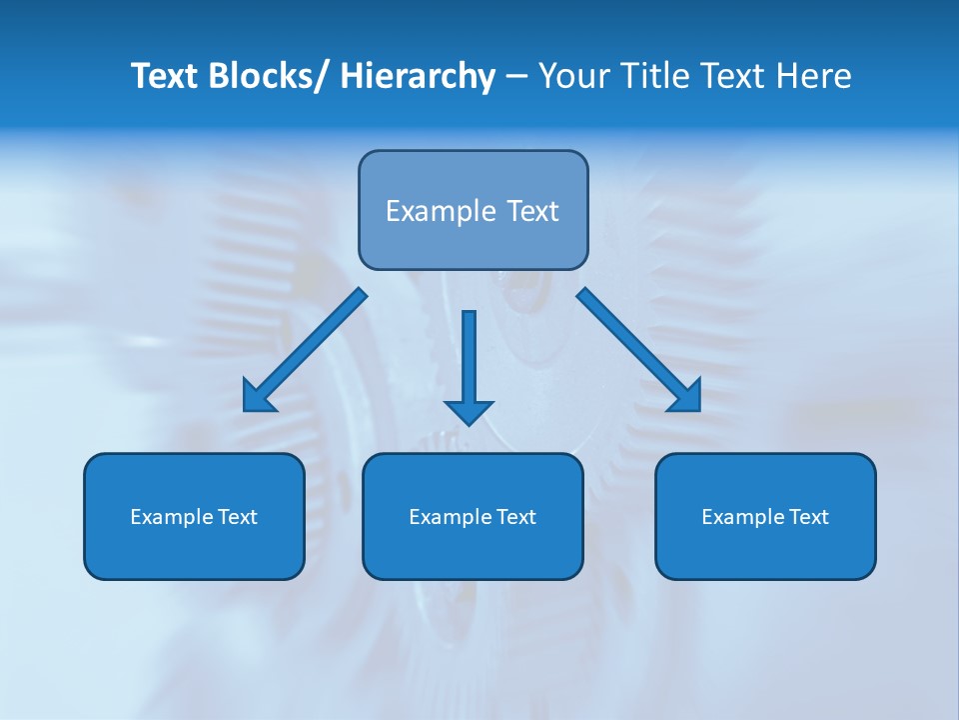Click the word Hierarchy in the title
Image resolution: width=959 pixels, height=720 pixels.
tap(417, 77)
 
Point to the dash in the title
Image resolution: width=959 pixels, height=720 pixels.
tap(516, 77)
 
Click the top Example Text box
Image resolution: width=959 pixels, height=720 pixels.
tap(473, 210)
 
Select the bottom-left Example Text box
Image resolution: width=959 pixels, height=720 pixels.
tap(194, 516)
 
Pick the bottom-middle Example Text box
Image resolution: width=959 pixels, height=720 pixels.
tap(473, 516)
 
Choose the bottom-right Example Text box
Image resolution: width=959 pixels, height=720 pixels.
tap(765, 516)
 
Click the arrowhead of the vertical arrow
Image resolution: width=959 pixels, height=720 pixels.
tap(470, 411)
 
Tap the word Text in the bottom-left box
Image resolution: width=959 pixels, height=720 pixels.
tap(238, 517)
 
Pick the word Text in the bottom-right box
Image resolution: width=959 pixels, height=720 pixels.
tap(809, 517)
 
